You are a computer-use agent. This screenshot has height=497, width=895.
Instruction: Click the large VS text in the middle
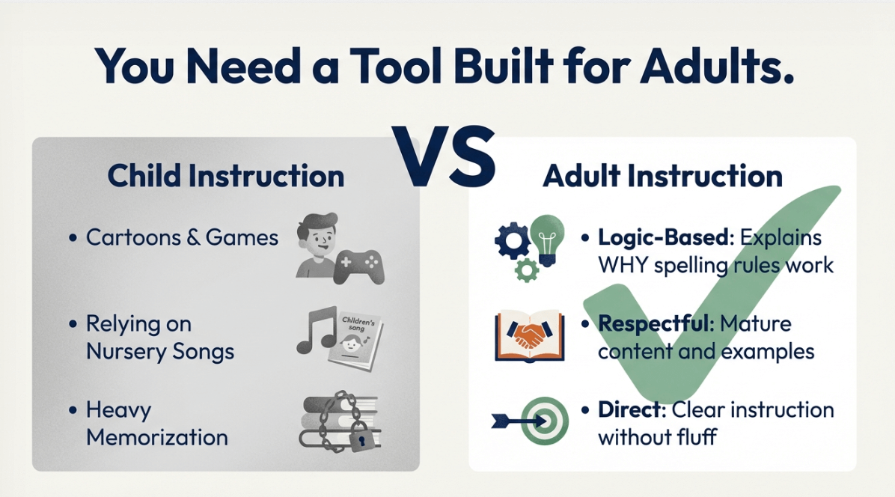pyautogui.click(x=444, y=156)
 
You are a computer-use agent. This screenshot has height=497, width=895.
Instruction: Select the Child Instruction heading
pyautogui.click(x=226, y=176)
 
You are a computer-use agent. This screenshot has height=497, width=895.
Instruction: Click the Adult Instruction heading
pyautogui.click(x=663, y=176)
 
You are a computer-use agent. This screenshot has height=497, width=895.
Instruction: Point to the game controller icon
pyautogui.click(x=359, y=266)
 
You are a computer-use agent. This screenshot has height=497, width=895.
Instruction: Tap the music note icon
pyautogui.click(x=316, y=330)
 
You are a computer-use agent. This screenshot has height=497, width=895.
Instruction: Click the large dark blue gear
pyautogui.click(x=512, y=240)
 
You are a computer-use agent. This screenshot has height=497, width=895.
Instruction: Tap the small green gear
pyautogui.click(x=526, y=269)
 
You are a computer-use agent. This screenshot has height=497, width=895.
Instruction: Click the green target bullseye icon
pyautogui.click(x=545, y=422)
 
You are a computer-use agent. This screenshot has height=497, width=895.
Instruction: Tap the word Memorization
pyautogui.click(x=157, y=437)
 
